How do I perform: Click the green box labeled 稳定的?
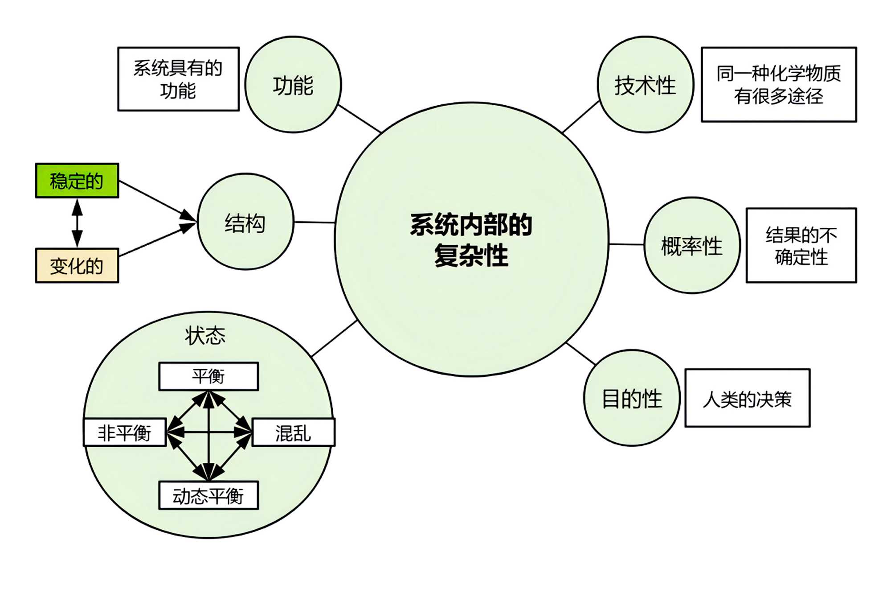pos(77,181)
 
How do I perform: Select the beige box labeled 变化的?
pos(77,266)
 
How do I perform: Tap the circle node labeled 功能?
pos(293,85)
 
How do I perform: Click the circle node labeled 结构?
pos(245,222)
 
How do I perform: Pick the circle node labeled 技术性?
pos(645,85)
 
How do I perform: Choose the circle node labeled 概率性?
pos(692,245)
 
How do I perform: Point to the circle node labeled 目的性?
pos(632,398)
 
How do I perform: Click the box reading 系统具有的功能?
pos(178,79)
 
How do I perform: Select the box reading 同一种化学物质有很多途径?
pos(779,84)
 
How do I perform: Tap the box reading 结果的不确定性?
pos(801,245)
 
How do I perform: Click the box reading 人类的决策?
pos(747,398)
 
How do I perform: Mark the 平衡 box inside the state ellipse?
pos(208,376)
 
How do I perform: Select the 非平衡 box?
pos(125,432)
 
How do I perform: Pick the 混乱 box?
pos(293,432)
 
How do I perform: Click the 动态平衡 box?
pos(208,495)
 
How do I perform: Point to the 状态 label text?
pos(205,335)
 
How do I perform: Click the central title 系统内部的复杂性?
pos(471,239)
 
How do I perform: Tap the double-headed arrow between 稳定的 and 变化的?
pos(77,223)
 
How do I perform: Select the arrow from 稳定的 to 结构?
pos(156,199)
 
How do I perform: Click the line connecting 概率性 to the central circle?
pos(626,244)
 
